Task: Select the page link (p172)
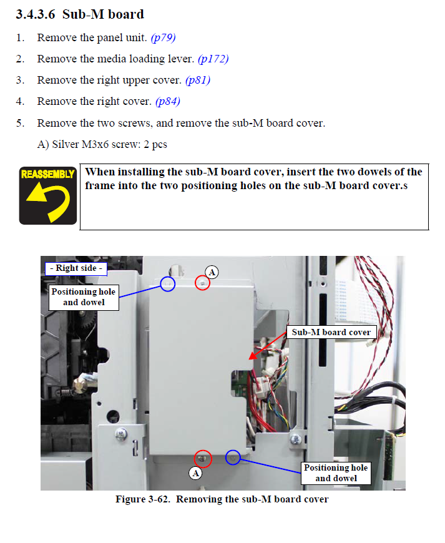tap(213, 59)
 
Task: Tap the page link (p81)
tap(198, 80)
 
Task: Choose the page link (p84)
tap(168, 101)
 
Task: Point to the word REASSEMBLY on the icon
tap(48, 174)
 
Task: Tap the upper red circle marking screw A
tap(202, 283)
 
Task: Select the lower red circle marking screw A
tap(203, 459)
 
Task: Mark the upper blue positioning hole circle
tap(167, 284)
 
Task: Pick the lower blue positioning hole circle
tap(233, 457)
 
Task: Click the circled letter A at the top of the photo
tap(212, 272)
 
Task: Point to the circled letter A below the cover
tap(196, 473)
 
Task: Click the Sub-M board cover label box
tap(331, 332)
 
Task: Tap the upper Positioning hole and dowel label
tap(83, 297)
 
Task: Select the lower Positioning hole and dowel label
tap(336, 473)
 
